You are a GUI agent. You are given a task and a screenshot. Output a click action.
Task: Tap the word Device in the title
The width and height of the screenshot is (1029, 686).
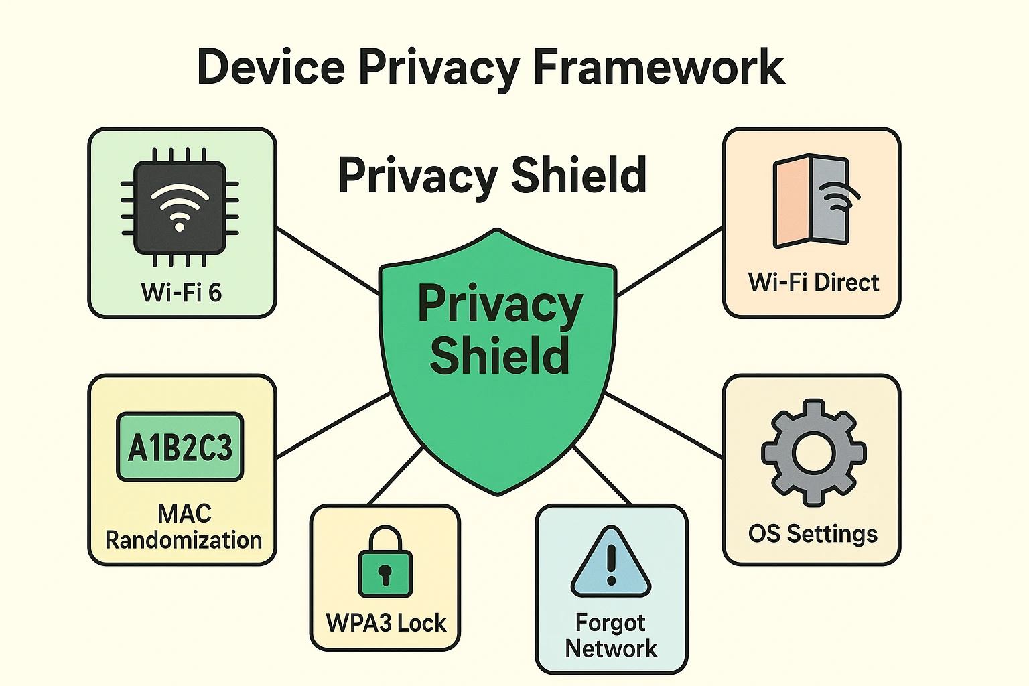pyautogui.click(x=271, y=67)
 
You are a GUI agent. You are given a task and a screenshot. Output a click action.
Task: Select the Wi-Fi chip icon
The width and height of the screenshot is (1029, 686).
pyautogui.click(x=180, y=208)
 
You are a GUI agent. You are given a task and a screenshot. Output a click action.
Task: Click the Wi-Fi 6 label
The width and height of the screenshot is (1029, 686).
pyautogui.click(x=181, y=293)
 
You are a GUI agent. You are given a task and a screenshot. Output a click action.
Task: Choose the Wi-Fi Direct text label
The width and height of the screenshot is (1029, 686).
pyautogui.click(x=813, y=283)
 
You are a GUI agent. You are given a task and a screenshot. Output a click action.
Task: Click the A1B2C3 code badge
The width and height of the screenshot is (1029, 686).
pyautogui.click(x=180, y=447)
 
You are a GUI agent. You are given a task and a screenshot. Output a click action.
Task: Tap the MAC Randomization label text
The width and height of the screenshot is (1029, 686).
pyautogui.click(x=184, y=527)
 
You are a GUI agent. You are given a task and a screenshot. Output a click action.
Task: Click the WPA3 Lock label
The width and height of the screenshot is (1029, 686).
pyautogui.click(x=386, y=623)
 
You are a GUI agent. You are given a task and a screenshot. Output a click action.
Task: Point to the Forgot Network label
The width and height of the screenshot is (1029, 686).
pyautogui.click(x=611, y=636)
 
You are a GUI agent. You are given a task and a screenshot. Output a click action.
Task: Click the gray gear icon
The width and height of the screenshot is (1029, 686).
pyautogui.click(x=813, y=452)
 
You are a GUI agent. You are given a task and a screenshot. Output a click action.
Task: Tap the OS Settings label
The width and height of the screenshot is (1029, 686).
pyautogui.click(x=813, y=534)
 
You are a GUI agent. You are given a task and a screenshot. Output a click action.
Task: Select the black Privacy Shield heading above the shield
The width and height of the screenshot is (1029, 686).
pyautogui.click(x=492, y=176)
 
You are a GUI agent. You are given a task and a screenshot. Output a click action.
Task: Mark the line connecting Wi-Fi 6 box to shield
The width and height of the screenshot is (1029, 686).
pyautogui.click(x=328, y=261)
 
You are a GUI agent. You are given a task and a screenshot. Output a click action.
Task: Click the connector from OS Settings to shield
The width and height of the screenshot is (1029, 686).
pyautogui.click(x=663, y=425)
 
